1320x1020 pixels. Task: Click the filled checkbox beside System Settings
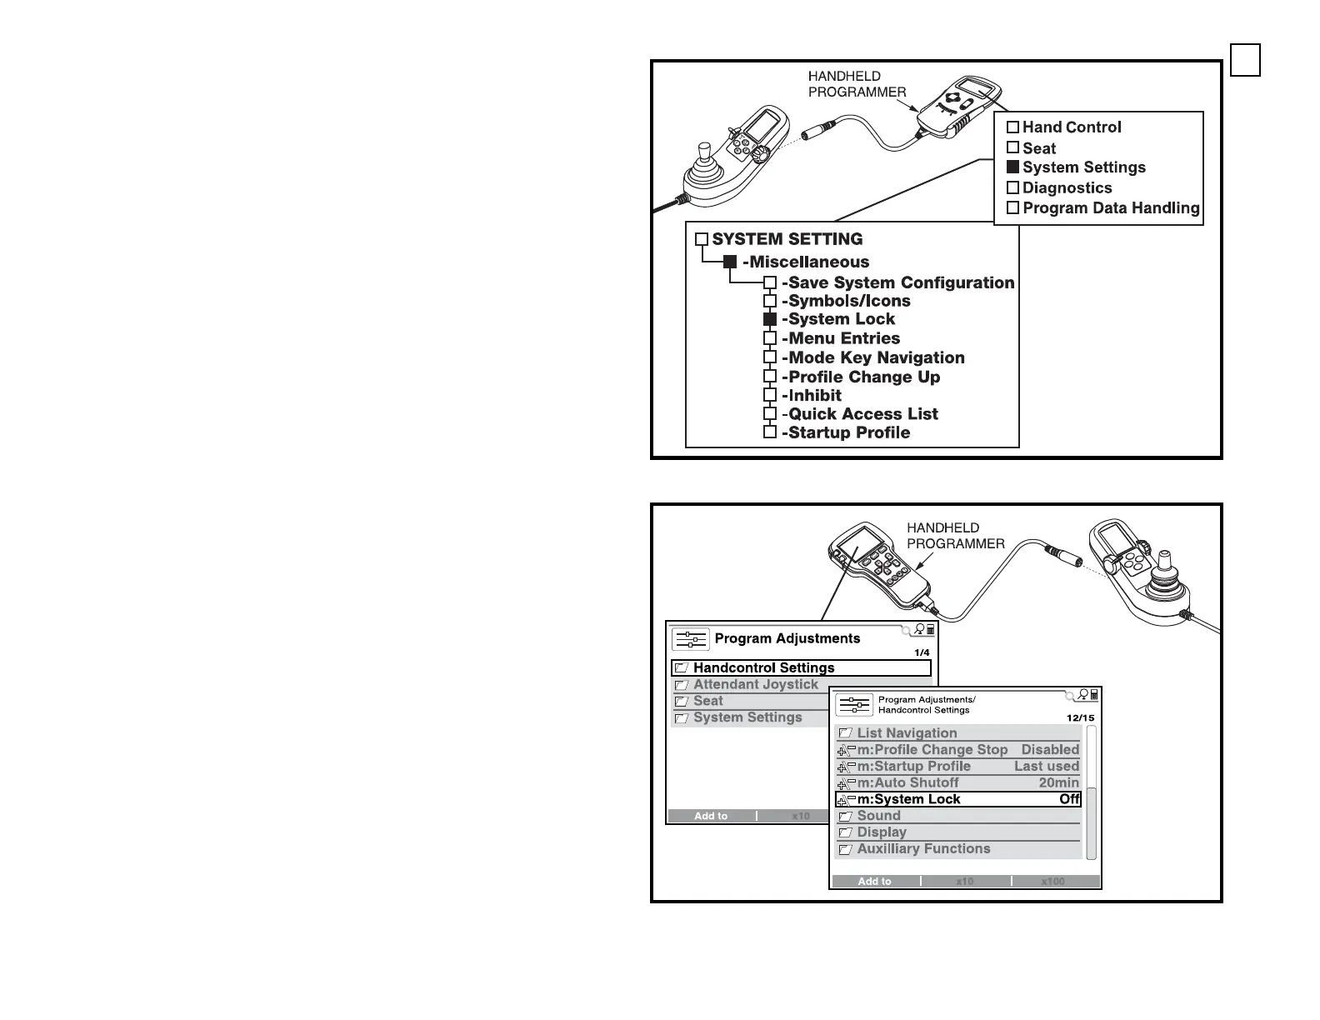[x=1012, y=167]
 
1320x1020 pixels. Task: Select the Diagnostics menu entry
[x=1067, y=188]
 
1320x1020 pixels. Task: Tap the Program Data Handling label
[x=1111, y=208]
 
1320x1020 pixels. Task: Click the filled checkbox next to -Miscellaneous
[x=730, y=262]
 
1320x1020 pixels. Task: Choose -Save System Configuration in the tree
[x=897, y=282]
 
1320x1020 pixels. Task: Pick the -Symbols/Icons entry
[x=846, y=301]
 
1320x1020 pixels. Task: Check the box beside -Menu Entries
[x=770, y=338]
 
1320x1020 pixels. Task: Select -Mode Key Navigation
[x=872, y=357]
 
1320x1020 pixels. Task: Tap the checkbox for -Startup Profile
[x=770, y=432]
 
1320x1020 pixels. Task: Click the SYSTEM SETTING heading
[x=787, y=239]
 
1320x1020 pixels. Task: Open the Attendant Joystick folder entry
[x=755, y=684]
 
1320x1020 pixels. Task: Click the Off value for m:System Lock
[x=1069, y=799]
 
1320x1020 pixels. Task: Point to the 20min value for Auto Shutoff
[x=1058, y=782]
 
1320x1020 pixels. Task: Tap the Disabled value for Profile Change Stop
[x=1050, y=750]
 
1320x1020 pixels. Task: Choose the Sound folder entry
[x=878, y=816]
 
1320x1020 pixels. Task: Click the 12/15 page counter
[x=1081, y=717]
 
